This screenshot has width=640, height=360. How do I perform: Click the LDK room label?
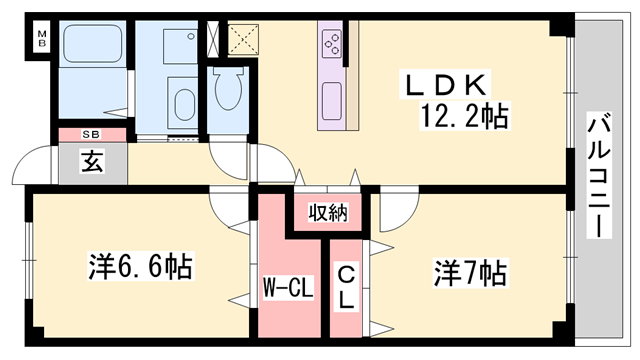pos(447,83)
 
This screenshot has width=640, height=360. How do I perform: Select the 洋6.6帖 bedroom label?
pos(140,267)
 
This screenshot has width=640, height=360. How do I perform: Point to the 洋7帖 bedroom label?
pos(469,271)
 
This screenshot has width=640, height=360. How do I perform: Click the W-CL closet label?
pos(289,290)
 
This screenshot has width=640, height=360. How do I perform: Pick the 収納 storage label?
pos(327,212)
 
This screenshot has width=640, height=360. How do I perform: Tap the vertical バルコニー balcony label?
pos(599,176)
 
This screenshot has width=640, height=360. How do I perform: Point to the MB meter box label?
pos(42,40)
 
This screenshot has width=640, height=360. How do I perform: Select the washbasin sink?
pos(185,103)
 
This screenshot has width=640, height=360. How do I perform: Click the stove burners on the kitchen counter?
pos(331,43)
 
